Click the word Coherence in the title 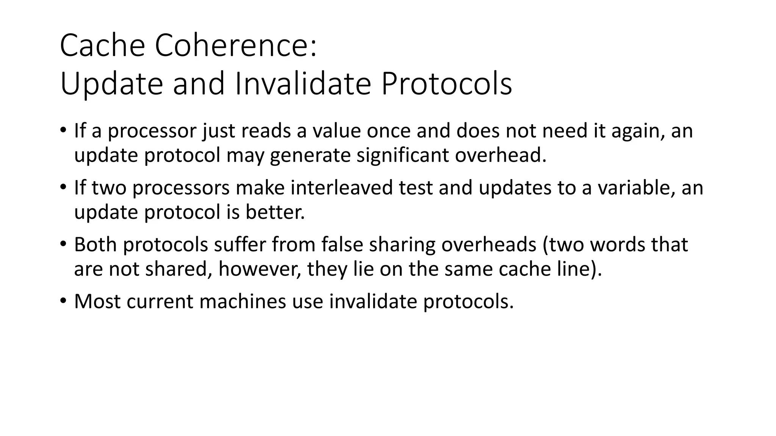point(235,46)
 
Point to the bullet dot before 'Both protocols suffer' point(63,244)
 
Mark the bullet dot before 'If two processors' point(63,188)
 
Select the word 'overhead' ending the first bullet point(501,155)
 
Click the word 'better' point(275,212)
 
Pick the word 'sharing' point(402,245)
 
